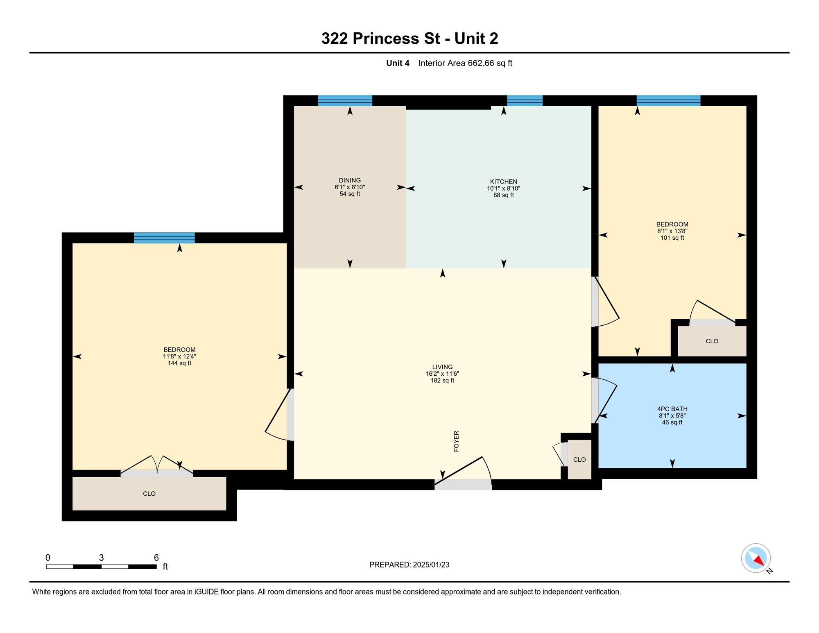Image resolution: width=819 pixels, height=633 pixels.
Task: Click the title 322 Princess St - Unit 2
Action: (409, 39)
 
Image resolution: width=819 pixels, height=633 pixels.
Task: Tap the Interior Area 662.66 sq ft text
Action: (465, 63)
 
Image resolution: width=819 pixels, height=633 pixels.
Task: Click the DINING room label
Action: (350, 180)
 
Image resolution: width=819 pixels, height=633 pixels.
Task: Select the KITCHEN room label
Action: (504, 182)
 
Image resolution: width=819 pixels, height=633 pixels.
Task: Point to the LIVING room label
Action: (442, 367)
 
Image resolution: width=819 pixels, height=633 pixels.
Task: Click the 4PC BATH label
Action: (672, 409)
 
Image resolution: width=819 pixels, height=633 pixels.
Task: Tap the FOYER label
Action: (457, 441)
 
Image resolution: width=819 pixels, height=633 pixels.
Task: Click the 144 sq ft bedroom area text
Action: (179, 363)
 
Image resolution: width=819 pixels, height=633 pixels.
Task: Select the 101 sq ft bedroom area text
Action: (672, 238)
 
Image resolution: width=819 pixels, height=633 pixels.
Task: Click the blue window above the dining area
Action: (345, 101)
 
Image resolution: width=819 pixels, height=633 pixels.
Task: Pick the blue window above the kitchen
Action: (525, 101)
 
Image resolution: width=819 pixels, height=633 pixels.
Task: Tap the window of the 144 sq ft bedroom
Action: (164, 238)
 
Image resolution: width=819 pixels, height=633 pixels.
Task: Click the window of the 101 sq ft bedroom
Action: (668, 101)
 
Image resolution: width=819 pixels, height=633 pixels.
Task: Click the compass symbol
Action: (756, 558)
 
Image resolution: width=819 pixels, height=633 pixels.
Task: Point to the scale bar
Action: (101, 567)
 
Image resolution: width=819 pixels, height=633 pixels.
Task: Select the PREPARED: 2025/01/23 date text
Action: (409, 565)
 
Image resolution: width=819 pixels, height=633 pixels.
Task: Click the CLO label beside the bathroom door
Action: (579, 460)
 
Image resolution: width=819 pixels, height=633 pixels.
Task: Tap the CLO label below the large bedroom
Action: (149, 494)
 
